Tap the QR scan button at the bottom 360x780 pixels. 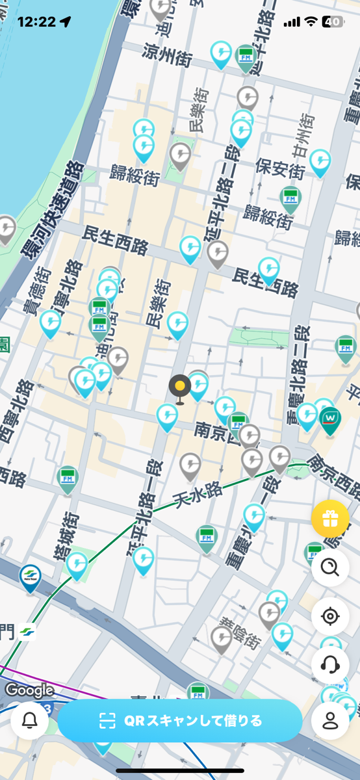[181, 720]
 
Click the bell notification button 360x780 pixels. [30, 720]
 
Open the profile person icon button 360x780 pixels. [330, 720]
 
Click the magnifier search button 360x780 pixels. [330, 567]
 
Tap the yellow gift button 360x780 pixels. [330, 519]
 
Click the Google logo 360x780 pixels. [29, 690]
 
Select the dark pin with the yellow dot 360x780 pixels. [180, 387]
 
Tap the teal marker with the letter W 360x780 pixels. [331, 417]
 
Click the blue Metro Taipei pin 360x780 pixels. [30, 577]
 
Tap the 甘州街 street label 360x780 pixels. [303, 135]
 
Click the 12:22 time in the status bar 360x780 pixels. [36, 21]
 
